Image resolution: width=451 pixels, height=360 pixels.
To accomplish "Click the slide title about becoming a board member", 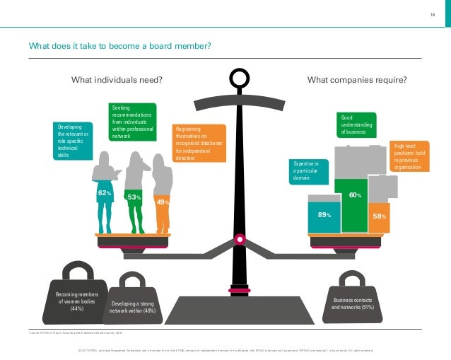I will click(x=119, y=47).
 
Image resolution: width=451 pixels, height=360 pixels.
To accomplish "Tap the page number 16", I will click(x=432, y=15).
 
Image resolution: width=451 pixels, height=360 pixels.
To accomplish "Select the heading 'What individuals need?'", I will click(x=117, y=80).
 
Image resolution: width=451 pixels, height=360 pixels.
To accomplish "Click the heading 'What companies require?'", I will click(x=357, y=80).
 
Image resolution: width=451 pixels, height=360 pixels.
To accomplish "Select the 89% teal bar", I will click(x=324, y=215).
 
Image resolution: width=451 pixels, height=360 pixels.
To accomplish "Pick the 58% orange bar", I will click(x=378, y=216).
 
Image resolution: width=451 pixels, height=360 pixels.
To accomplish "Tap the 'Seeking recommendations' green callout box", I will click(x=132, y=122).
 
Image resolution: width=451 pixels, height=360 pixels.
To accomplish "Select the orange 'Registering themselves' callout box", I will click(x=199, y=144).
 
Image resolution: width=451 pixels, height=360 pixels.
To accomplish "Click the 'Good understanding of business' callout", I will click(x=356, y=125).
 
